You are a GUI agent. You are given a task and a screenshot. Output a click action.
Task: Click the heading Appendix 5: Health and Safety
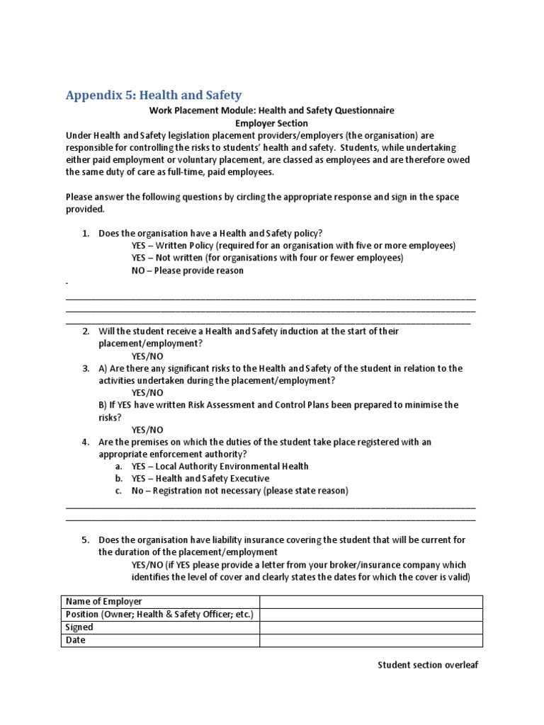coord(154,95)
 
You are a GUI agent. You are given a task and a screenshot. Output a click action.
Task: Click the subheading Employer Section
coord(271,123)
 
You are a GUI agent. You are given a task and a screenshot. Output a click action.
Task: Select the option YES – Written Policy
coord(293,246)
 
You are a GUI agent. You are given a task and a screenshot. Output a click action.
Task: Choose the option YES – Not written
coord(267,258)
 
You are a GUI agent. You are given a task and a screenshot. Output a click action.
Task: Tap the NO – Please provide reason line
coord(187,270)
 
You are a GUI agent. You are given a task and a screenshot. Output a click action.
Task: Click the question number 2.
coord(85,331)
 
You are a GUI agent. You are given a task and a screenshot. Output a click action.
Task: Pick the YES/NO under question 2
coord(147,356)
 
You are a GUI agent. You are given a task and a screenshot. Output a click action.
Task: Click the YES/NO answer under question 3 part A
coord(147,393)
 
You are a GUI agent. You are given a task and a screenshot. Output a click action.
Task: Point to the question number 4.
coord(85,442)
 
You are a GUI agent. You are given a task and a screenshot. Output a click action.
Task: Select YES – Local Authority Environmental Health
coord(220,467)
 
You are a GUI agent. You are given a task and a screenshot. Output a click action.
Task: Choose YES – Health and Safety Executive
coord(200,479)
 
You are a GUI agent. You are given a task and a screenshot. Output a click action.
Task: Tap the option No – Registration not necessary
coord(239,491)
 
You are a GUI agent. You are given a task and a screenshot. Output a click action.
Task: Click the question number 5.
coord(85,540)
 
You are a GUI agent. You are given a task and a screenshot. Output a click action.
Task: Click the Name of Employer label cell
coord(104,602)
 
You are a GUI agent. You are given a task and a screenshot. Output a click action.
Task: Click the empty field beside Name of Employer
coord(370,602)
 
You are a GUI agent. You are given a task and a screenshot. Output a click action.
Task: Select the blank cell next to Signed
coord(370,627)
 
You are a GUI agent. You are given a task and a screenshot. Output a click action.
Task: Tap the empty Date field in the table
coord(370,640)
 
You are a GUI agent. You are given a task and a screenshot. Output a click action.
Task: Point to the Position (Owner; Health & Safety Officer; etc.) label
coord(159,615)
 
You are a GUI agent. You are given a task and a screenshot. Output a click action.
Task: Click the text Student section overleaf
coord(428,665)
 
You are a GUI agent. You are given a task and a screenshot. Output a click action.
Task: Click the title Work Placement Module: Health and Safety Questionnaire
coord(271,110)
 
